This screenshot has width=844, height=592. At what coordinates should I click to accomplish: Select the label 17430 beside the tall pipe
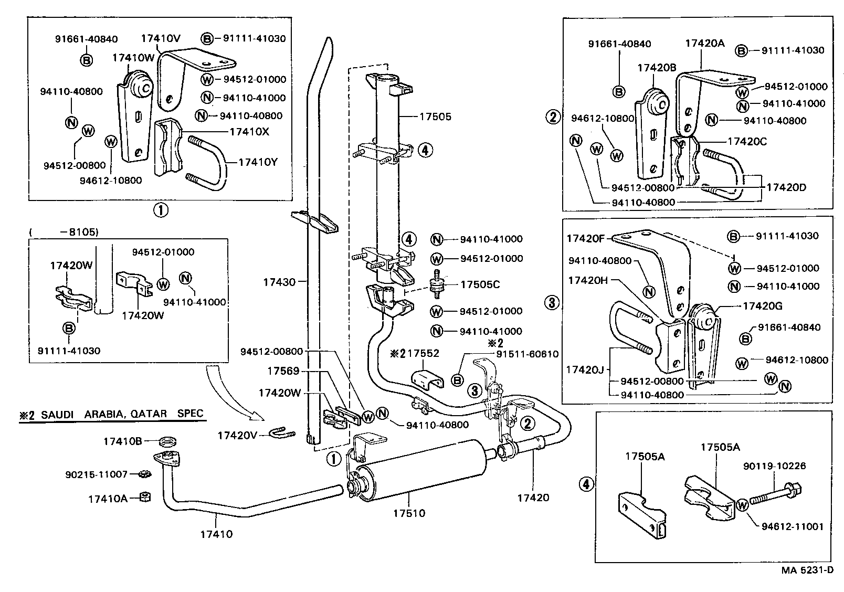(x=279, y=282)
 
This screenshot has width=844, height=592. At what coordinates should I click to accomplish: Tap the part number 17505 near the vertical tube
(x=435, y=117)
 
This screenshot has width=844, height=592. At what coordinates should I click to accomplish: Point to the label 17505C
(x=480, y=285)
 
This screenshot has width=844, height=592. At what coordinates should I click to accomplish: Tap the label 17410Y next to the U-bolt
(x=257, y=163)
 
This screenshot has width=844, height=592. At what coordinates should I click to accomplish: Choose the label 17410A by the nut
(x=108, y=499)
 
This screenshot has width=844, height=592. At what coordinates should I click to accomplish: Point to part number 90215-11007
(x=97, y=474)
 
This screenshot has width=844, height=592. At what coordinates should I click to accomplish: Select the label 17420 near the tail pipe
(x=533, y=498)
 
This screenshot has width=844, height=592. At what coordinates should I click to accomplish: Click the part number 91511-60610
(x=528, y=355)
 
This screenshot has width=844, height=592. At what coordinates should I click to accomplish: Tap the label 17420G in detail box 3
(x=762, y=306)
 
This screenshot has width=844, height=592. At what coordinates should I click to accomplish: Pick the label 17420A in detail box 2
(x=704, y=44)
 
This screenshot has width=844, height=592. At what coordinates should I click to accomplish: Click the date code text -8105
(x=82, y=231)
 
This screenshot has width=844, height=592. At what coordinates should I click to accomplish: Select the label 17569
(x=283, y=371)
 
